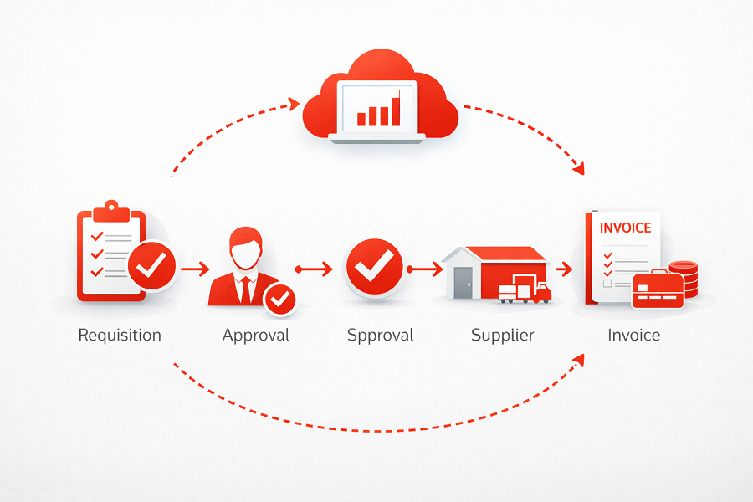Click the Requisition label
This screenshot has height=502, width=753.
tap(120, 336)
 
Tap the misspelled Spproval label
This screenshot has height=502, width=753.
tap(381, 336)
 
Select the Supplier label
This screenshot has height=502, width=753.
tap(502, 336)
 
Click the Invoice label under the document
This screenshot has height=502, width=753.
tap(633, 336)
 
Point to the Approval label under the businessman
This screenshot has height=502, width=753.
tap(255, 336)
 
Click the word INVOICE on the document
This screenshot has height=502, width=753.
tap(626, 228)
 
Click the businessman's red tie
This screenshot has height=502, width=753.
tap(244, 288)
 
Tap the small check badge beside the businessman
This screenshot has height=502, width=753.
tap(279, 299)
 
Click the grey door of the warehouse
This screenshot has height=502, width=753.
tap(463, 282)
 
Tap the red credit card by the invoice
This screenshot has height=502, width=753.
tap(656, 289)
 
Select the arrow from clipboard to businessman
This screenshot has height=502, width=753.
tap(194, 269)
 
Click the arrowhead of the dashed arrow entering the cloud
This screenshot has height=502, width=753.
tap(293, 104)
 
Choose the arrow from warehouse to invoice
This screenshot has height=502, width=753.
tap(562, 269)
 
